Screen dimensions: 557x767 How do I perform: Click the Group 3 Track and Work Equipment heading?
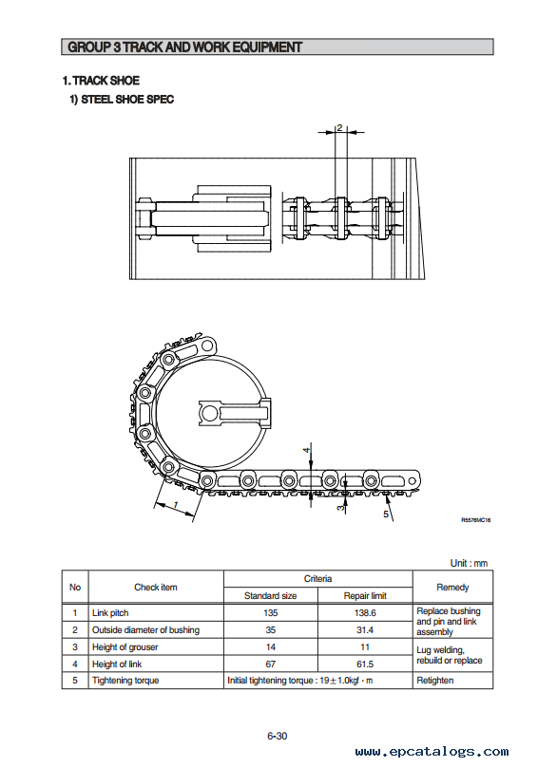[x=184, y=47]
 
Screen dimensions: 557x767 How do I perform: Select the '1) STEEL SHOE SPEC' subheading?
[x=122, y=100]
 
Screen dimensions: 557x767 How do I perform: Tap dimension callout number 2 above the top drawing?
[x=339, y=127]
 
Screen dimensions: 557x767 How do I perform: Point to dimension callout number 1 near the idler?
[x=176, y=504]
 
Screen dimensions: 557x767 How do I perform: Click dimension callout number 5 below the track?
[x=386, y=514]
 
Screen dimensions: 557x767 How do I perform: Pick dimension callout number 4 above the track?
[x=307, y=450]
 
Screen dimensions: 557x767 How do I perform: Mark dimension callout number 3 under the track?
[x=340, y=509]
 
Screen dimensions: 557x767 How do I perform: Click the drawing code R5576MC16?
[x=475, y=520]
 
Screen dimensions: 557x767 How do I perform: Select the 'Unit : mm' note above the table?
[x=469, y=563]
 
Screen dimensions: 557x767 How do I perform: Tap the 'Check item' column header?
[x=156, y=587]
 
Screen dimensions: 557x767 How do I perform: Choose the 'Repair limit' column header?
[x=365, y=596]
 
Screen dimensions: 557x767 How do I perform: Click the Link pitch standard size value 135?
[x=270, y=613]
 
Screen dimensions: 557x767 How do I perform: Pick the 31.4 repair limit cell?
[x=365, y=630]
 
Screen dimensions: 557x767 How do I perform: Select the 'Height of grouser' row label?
[x=125, y=647]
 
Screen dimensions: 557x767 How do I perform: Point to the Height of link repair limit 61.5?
[x=365, y=664]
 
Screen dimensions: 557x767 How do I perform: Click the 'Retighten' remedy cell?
[x=435, y=681]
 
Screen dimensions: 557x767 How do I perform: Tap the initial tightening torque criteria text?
[x=299, y=681]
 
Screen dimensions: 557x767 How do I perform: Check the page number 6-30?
[x=278, y=736]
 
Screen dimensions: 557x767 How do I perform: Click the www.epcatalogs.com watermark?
[x=432, y=752]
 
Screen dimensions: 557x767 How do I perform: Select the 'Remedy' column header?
[x=452, y=587]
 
